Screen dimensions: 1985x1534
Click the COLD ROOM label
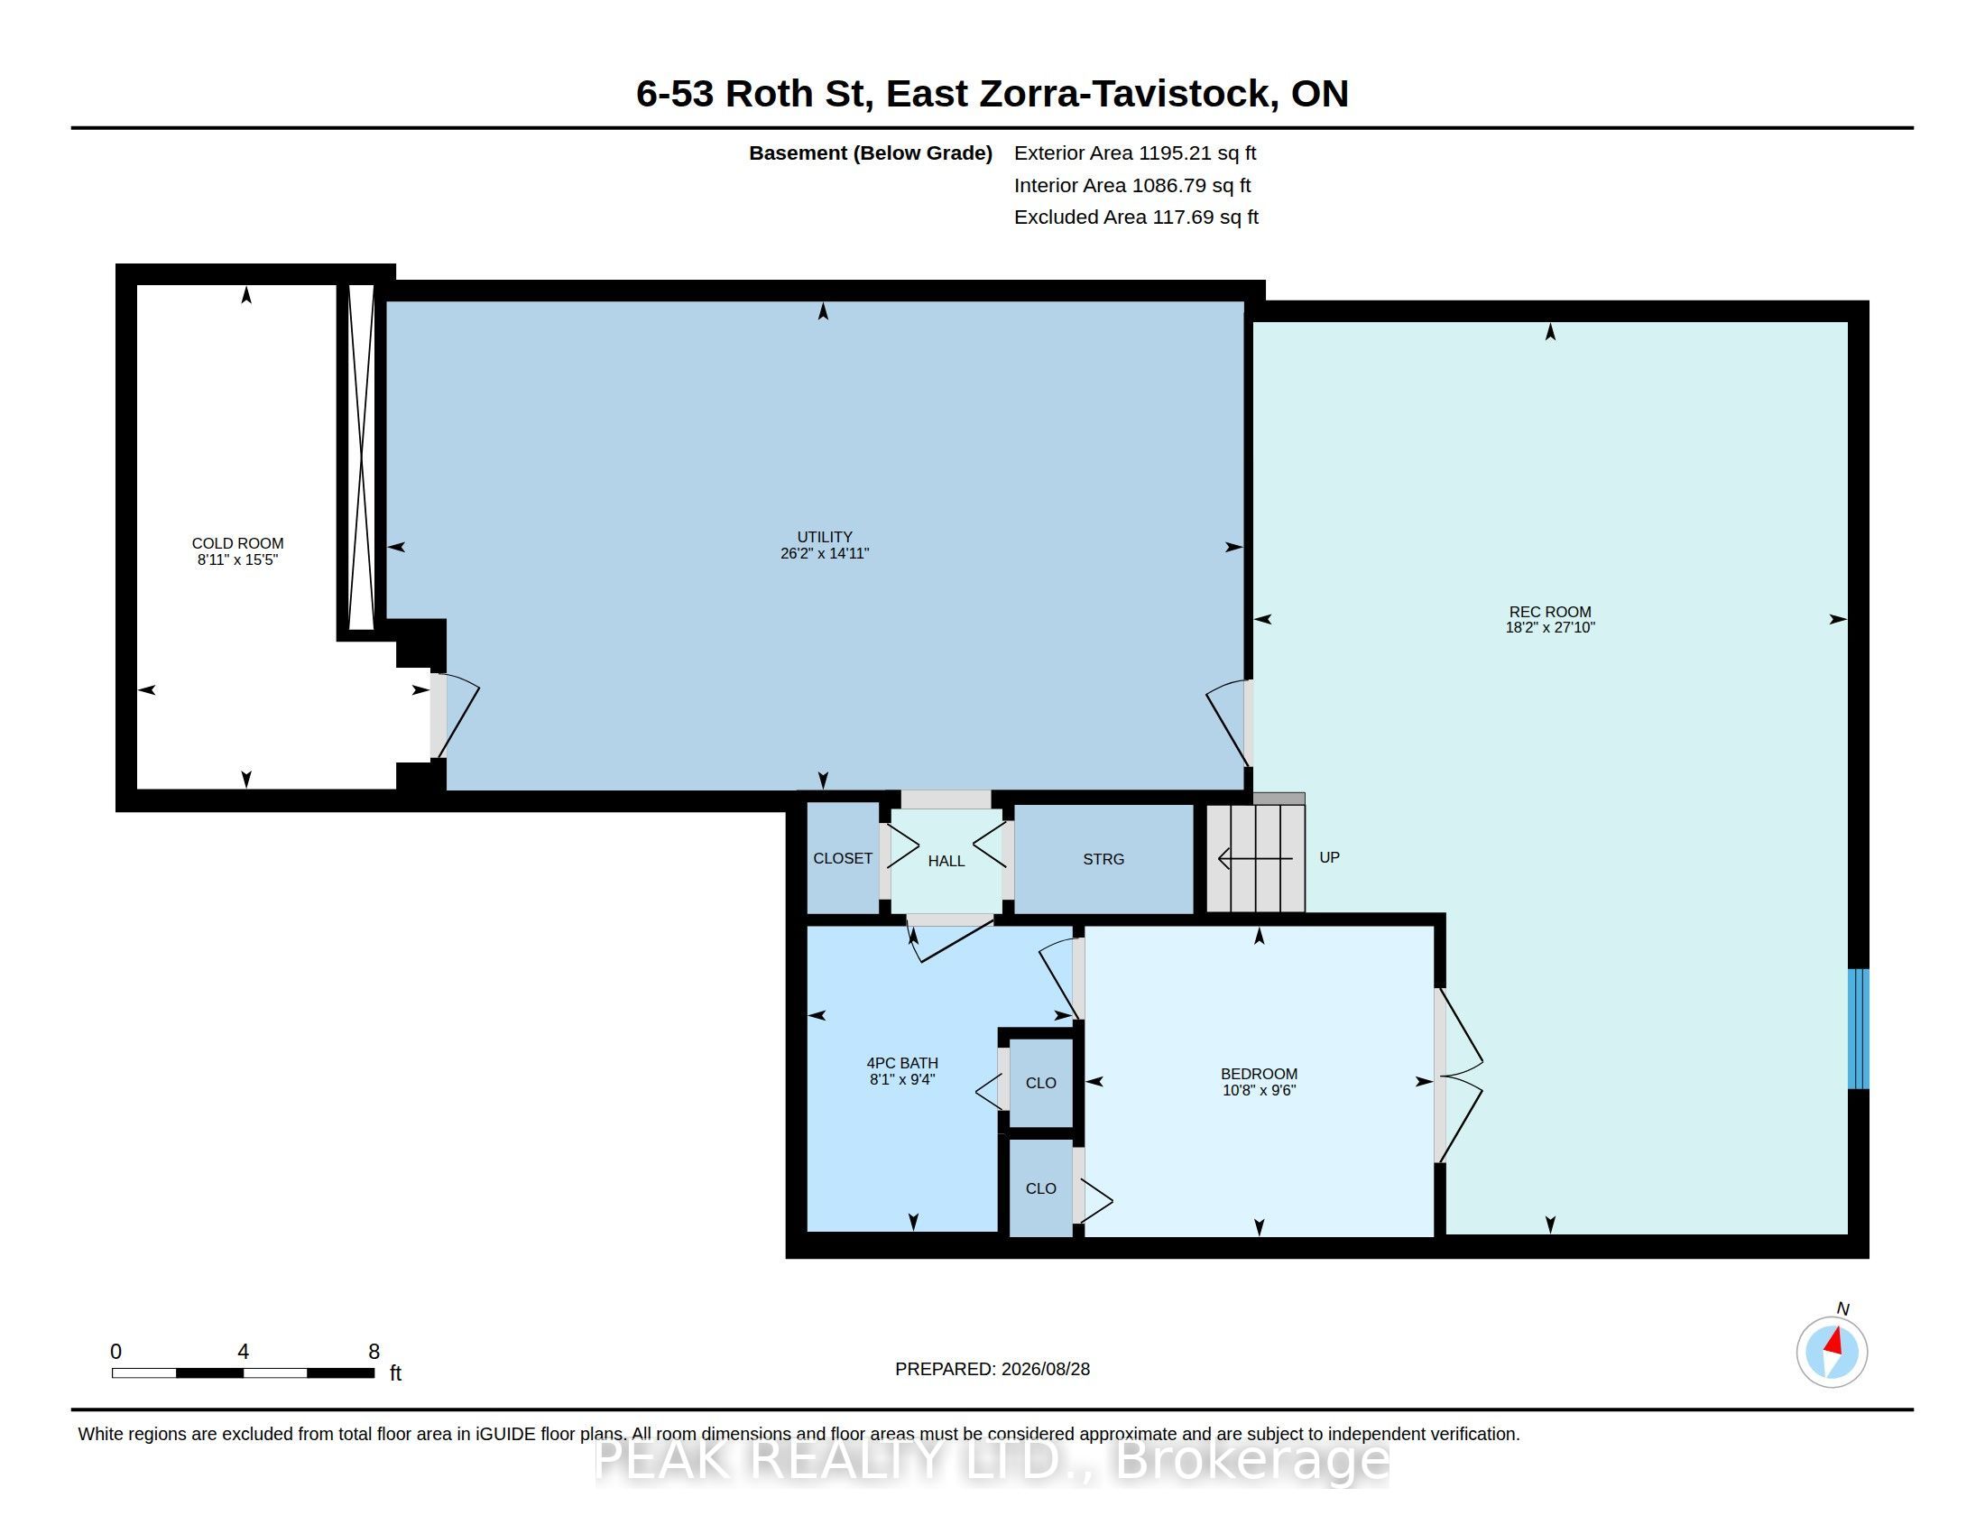click(237, 543)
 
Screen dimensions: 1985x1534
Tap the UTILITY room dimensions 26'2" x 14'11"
click(825, 553)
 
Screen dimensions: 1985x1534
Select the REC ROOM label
click(1549, 612)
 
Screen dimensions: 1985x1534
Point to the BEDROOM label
click(1259, 1073)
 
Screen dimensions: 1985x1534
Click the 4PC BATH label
click(901, 1062)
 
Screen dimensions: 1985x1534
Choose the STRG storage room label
click(1103, 859)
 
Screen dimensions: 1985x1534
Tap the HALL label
click(946, 861)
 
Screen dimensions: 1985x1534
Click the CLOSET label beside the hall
click(843, 858)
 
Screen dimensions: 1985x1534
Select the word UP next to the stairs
click(1329, 857)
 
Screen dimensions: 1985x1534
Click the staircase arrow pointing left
click(1255, 858)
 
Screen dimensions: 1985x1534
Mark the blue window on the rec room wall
click(1859, 1028)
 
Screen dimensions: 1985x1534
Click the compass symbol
click(1832, 1352)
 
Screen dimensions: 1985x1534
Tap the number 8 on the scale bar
click(374, 1352)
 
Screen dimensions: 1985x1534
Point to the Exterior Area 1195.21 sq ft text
click(1135, 152)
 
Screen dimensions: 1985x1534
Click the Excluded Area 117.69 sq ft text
click(1136, 217)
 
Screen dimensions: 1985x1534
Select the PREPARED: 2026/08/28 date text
click(992, 1369)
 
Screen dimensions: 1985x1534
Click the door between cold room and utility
click(455, 716)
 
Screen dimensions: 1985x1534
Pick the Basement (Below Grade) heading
click(870, 152)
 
